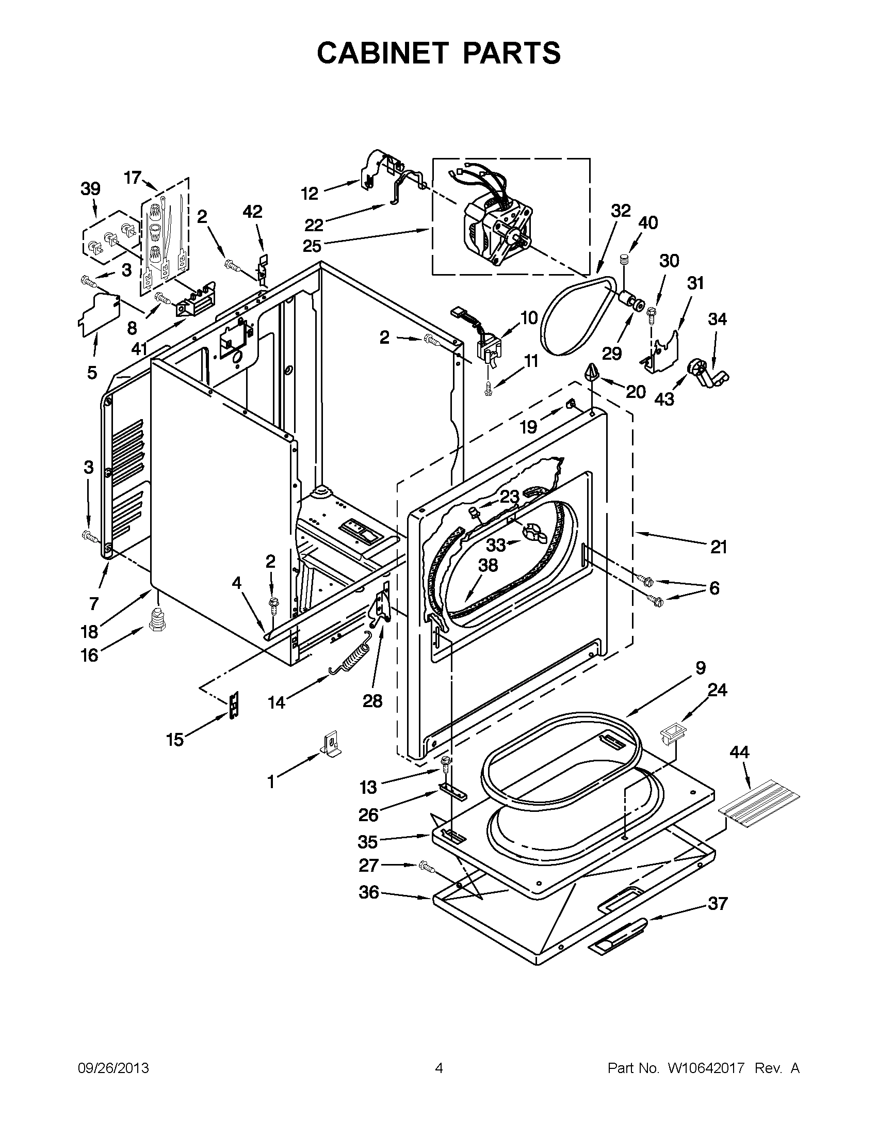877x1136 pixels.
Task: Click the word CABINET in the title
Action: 382,53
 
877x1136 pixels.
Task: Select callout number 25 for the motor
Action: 312,245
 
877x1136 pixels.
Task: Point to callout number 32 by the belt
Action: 620,211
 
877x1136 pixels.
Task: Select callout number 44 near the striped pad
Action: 739,751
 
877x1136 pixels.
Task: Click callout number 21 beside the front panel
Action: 719,547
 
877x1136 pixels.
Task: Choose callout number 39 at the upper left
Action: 90,189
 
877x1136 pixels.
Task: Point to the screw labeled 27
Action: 426,866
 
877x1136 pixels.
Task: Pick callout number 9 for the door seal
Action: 700,668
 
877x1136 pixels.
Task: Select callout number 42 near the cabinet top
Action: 253,212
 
